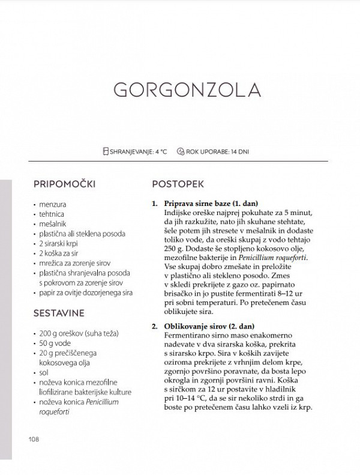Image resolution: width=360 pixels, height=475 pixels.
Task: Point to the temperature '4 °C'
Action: [159, 151]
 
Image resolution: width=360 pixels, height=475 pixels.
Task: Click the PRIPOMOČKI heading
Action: [65, 183]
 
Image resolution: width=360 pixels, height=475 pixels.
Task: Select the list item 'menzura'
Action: [53, 204]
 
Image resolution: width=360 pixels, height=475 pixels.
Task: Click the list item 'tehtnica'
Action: [53, 214]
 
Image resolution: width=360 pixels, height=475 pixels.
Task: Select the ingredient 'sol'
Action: [44, 373]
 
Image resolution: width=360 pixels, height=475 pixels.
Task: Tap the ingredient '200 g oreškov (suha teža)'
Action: [79, 334]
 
